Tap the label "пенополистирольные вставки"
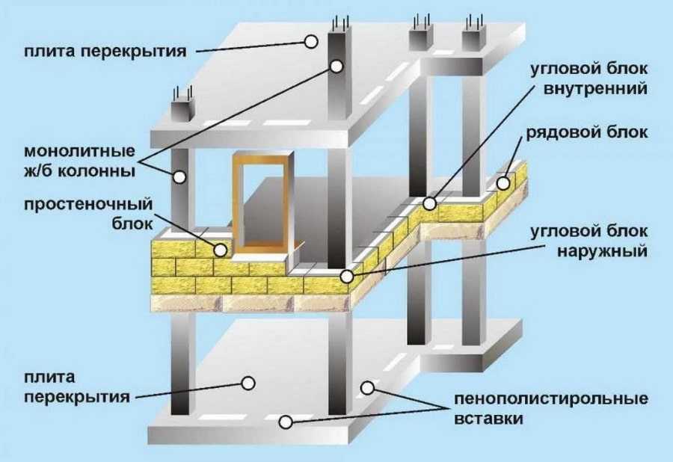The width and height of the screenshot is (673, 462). [x=550, y=409]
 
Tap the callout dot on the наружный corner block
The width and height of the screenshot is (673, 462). [x=346, y=276]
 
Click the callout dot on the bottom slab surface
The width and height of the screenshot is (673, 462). [x=248, y=382]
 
